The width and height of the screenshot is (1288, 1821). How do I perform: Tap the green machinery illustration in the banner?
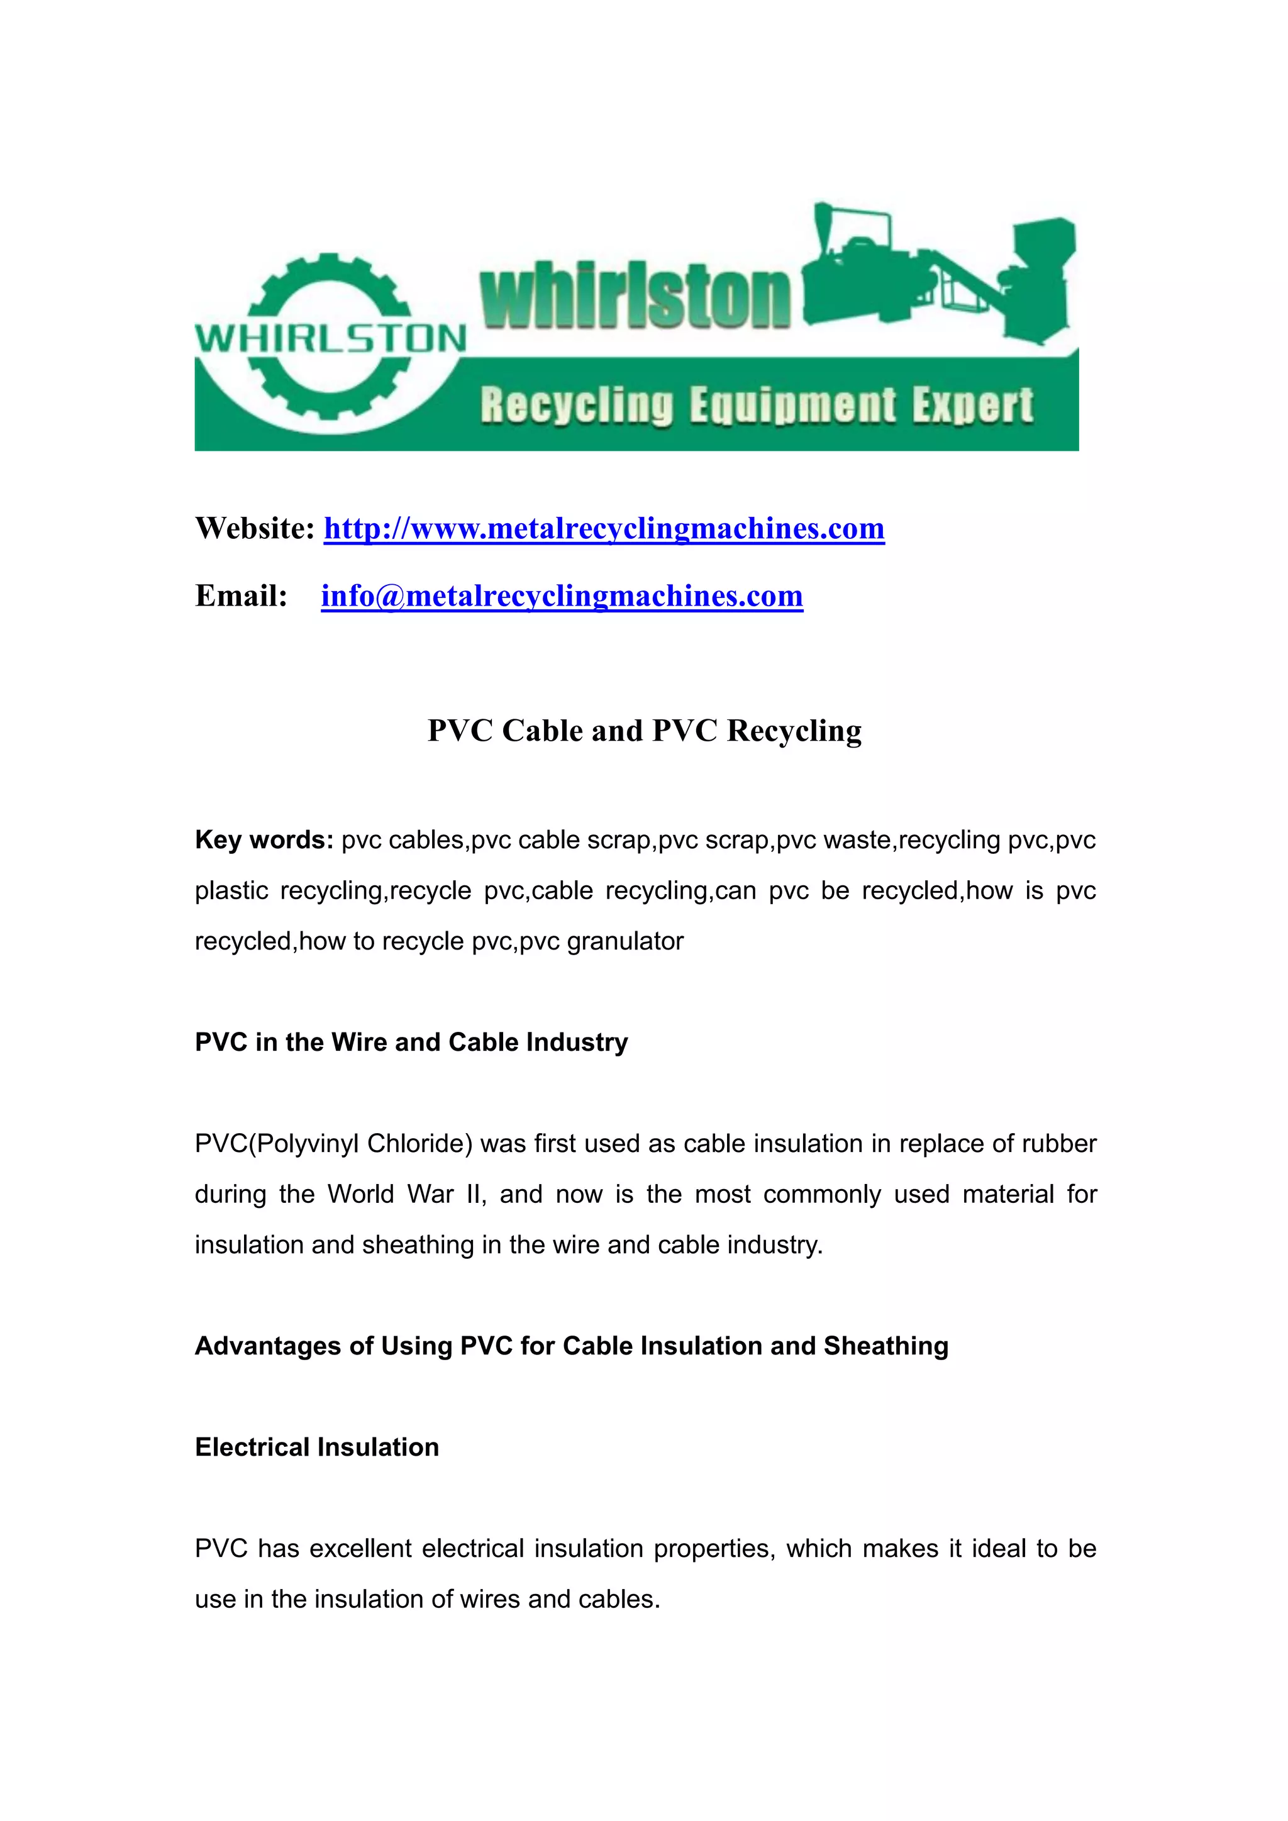coord(940,274)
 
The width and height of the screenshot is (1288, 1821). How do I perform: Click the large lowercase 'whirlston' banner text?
coord(635,297)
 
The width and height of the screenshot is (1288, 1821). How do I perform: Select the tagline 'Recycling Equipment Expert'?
coord(757,406)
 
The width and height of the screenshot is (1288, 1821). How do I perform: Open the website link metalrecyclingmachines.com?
coord(604,528)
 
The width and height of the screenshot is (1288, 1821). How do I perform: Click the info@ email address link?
coord(562,595)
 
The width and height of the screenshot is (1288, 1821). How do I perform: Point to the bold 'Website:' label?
coord(255,528)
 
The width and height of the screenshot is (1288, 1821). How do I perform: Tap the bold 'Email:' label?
coord(241,595)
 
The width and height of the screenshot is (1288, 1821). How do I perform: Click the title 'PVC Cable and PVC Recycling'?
coord(644,731)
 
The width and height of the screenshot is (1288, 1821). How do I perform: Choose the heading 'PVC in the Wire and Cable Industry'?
coord(411,1042)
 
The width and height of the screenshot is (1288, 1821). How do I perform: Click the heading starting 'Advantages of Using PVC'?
coord(571,1346)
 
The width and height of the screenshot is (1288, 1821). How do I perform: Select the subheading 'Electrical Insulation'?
coord(316,1447)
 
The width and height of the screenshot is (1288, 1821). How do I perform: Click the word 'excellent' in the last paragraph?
coord(360,1549)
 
